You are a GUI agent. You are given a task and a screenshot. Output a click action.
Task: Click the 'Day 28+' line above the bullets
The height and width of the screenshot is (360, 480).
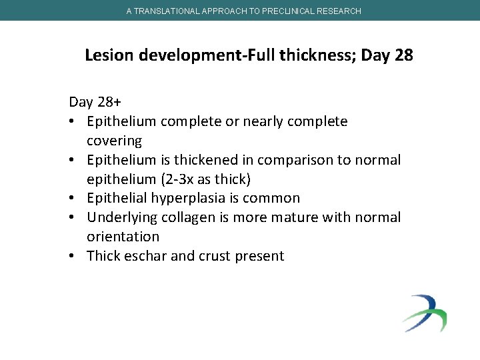click(93, 102)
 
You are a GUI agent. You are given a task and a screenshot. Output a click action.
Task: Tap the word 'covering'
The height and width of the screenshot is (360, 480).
click(114, 141)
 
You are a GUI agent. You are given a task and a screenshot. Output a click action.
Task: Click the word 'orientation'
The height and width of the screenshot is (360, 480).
click(123, 237)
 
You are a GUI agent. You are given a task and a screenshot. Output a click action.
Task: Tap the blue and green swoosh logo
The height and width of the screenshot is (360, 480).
click(425, 313)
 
